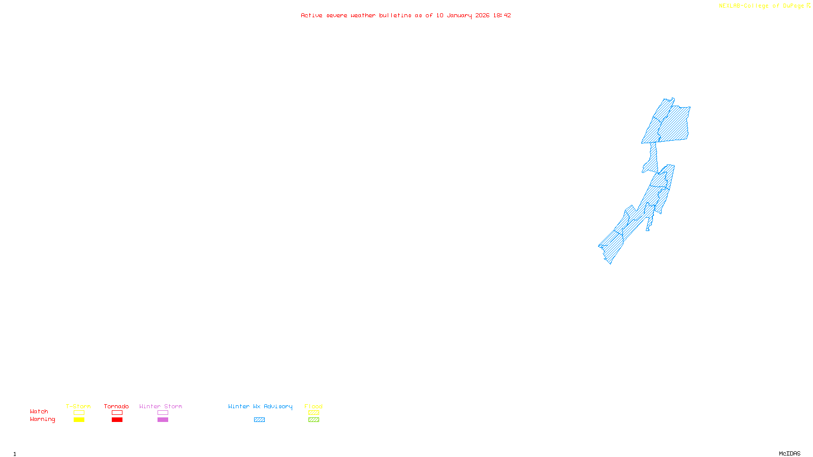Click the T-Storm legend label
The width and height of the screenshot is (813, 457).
click(78, 406)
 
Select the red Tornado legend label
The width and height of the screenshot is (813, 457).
click(116, 406)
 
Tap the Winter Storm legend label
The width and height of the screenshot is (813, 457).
click(161, 406)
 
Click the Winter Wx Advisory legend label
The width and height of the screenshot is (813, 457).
click(260, 406)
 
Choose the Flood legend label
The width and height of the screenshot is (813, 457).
click(314, 406)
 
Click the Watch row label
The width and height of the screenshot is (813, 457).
click(39, 411)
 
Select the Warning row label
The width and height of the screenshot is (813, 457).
click(43, 419)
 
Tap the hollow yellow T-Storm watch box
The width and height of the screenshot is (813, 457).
click(79, 413)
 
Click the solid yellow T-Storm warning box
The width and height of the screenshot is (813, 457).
click(79, 420)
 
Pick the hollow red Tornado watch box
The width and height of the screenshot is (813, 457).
click(117, 413)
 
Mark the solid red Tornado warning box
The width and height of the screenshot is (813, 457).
click(117, 420)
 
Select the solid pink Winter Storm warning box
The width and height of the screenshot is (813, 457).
click(163, 420)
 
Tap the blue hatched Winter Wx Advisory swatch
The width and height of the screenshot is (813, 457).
click(259, 420)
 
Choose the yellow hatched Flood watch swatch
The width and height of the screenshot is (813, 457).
click(314, 413)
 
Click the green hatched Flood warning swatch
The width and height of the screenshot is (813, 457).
click(314, 420)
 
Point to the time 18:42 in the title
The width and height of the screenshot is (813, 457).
click(502, 15)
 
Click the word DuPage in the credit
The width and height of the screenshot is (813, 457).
click(793, 6)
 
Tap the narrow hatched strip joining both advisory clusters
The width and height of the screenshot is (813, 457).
click(653, 152)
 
